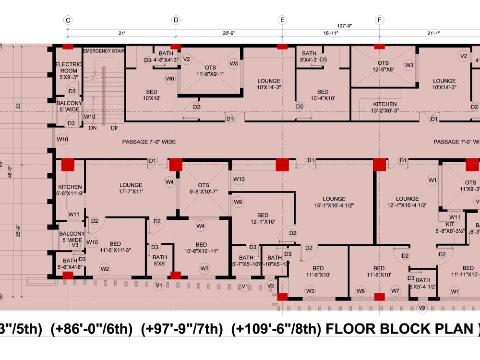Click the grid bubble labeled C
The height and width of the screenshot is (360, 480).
pyautogui.click(x=68, y=20)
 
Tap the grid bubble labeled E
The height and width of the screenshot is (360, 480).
pyautogui.click(x=282, y=20)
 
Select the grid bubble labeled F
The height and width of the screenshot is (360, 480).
pyautogui.click(x=380, y=20)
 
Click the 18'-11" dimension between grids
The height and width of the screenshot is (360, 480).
pyautogui.click(x=331, y=33)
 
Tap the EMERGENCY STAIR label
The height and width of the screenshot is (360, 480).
pyautogui.click(x=104, y=50)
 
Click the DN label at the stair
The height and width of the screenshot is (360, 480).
pyautogui.click(x=93, y=128)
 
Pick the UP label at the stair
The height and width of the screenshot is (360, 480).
pyautogui.click(x=114, y=128)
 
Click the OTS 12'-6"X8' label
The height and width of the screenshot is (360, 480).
pyautogui.click(x=383, y=66)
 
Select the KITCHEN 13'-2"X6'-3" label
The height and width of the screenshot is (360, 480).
pyautogui.click(x=385, y=107)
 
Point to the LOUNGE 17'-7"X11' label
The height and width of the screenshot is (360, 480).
pyautogui.click(x=131, y=188)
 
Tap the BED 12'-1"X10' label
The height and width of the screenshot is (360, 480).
pyautogui.click(x=263, y=218)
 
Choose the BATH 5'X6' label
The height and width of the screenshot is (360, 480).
pyautogui.click(x=160, y=260)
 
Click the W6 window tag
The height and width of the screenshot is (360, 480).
pyautogui.click(x=170, y=79)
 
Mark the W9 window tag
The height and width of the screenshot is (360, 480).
pyautogui.click(x=238, y=203)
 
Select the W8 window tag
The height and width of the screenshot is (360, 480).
pyautogui.click(x=360, y=291)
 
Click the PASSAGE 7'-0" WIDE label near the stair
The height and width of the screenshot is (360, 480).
pyautogui.click(x=149, y=142)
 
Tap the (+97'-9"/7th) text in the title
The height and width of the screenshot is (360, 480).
pyautogui.click(x=182, y=329)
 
